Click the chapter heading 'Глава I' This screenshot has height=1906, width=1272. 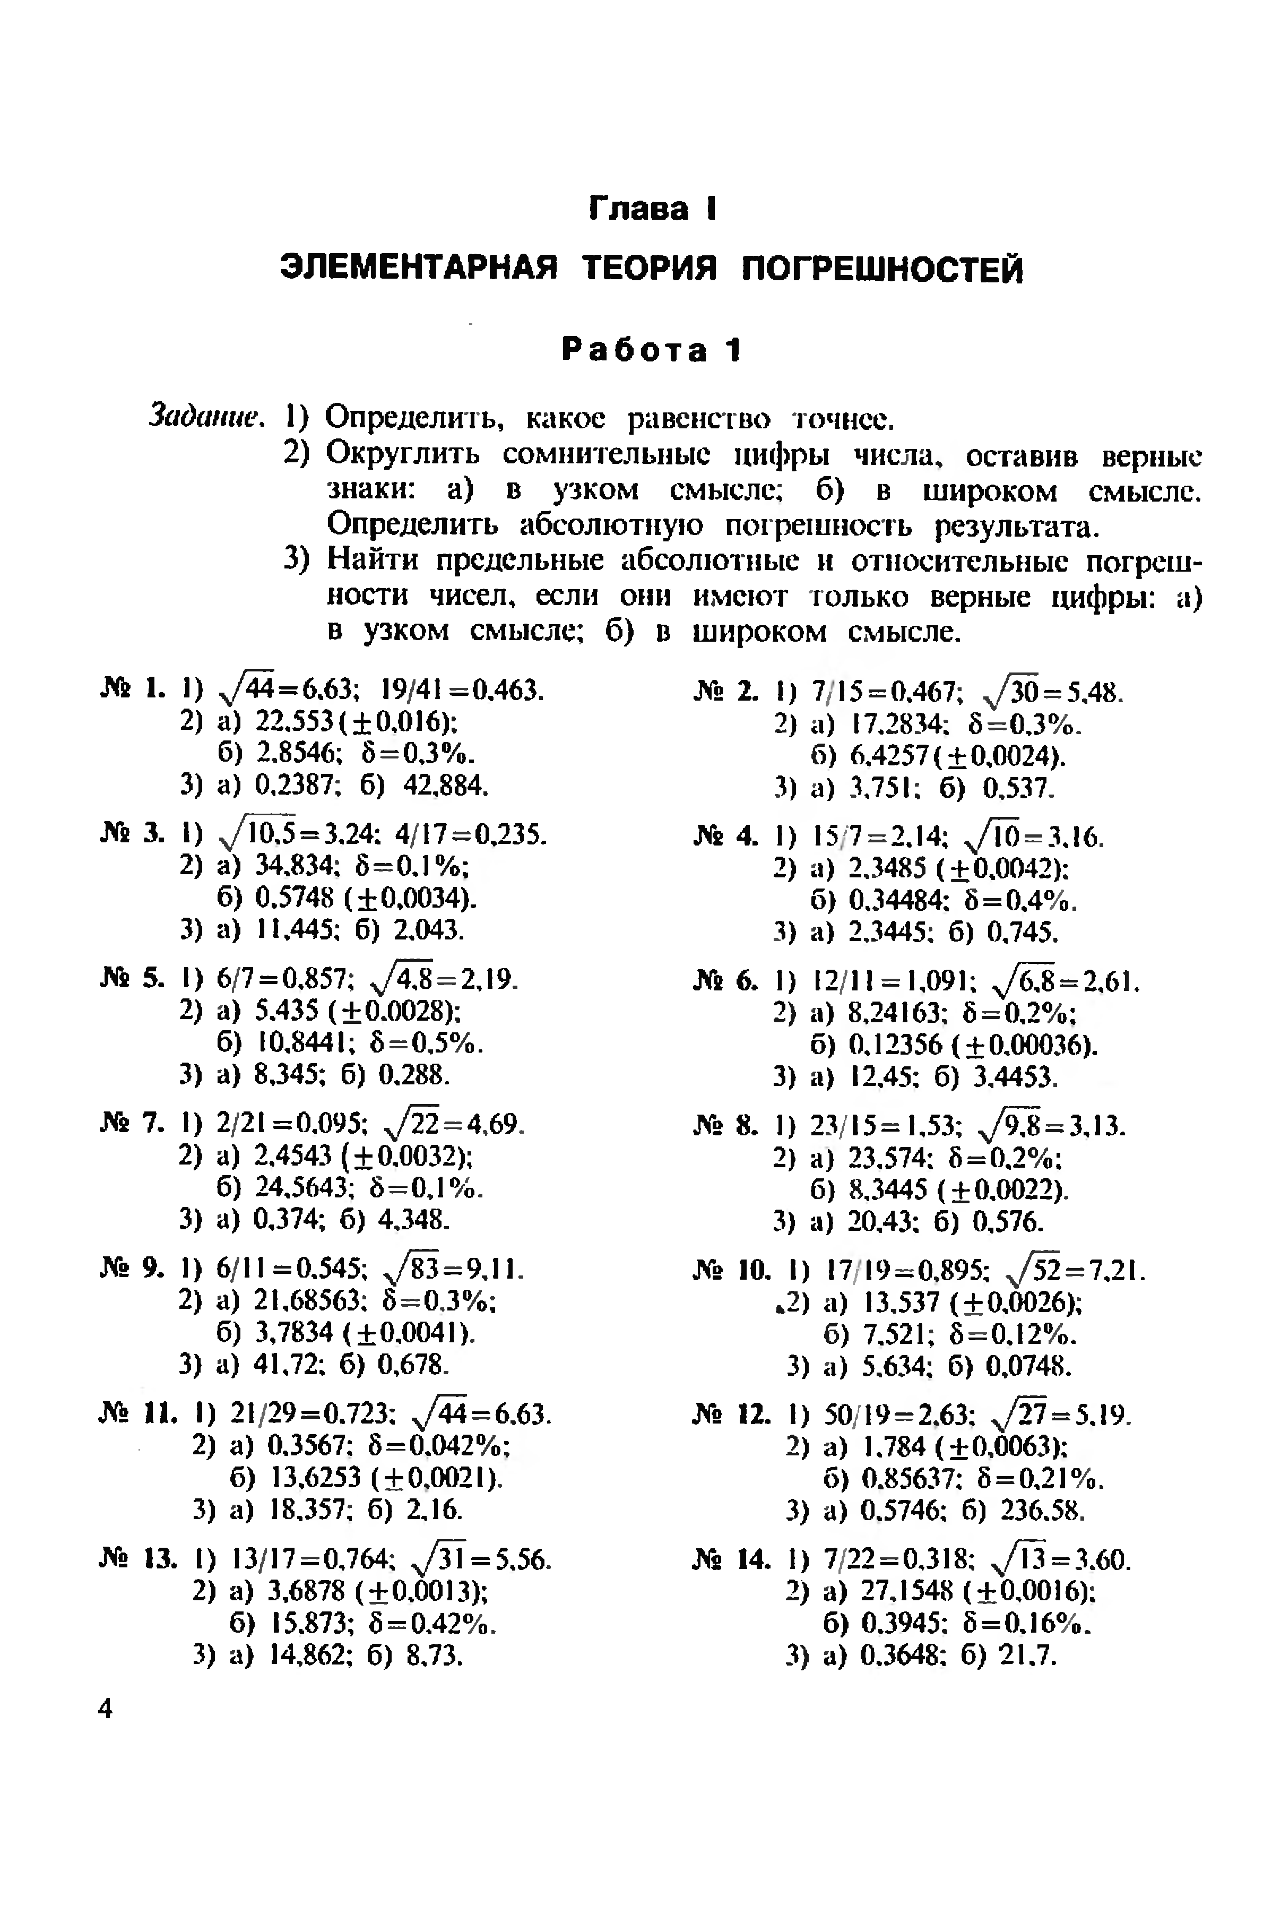click(x=652, y=209)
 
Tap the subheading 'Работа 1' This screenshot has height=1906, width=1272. click(x=652, y=350)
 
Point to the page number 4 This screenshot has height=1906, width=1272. click(x=106, y=1710)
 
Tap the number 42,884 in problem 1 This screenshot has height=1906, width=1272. click(x=445, y=784)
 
